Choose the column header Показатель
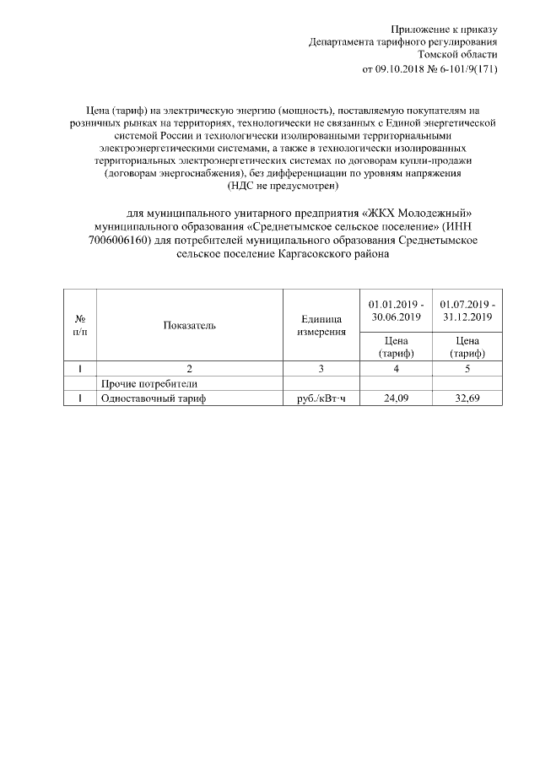pyautogui.click(x=190, y=325)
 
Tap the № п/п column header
pyautogui.click(x=80, y=325)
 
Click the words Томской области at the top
pyautogui.click(x=463, y=55)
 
